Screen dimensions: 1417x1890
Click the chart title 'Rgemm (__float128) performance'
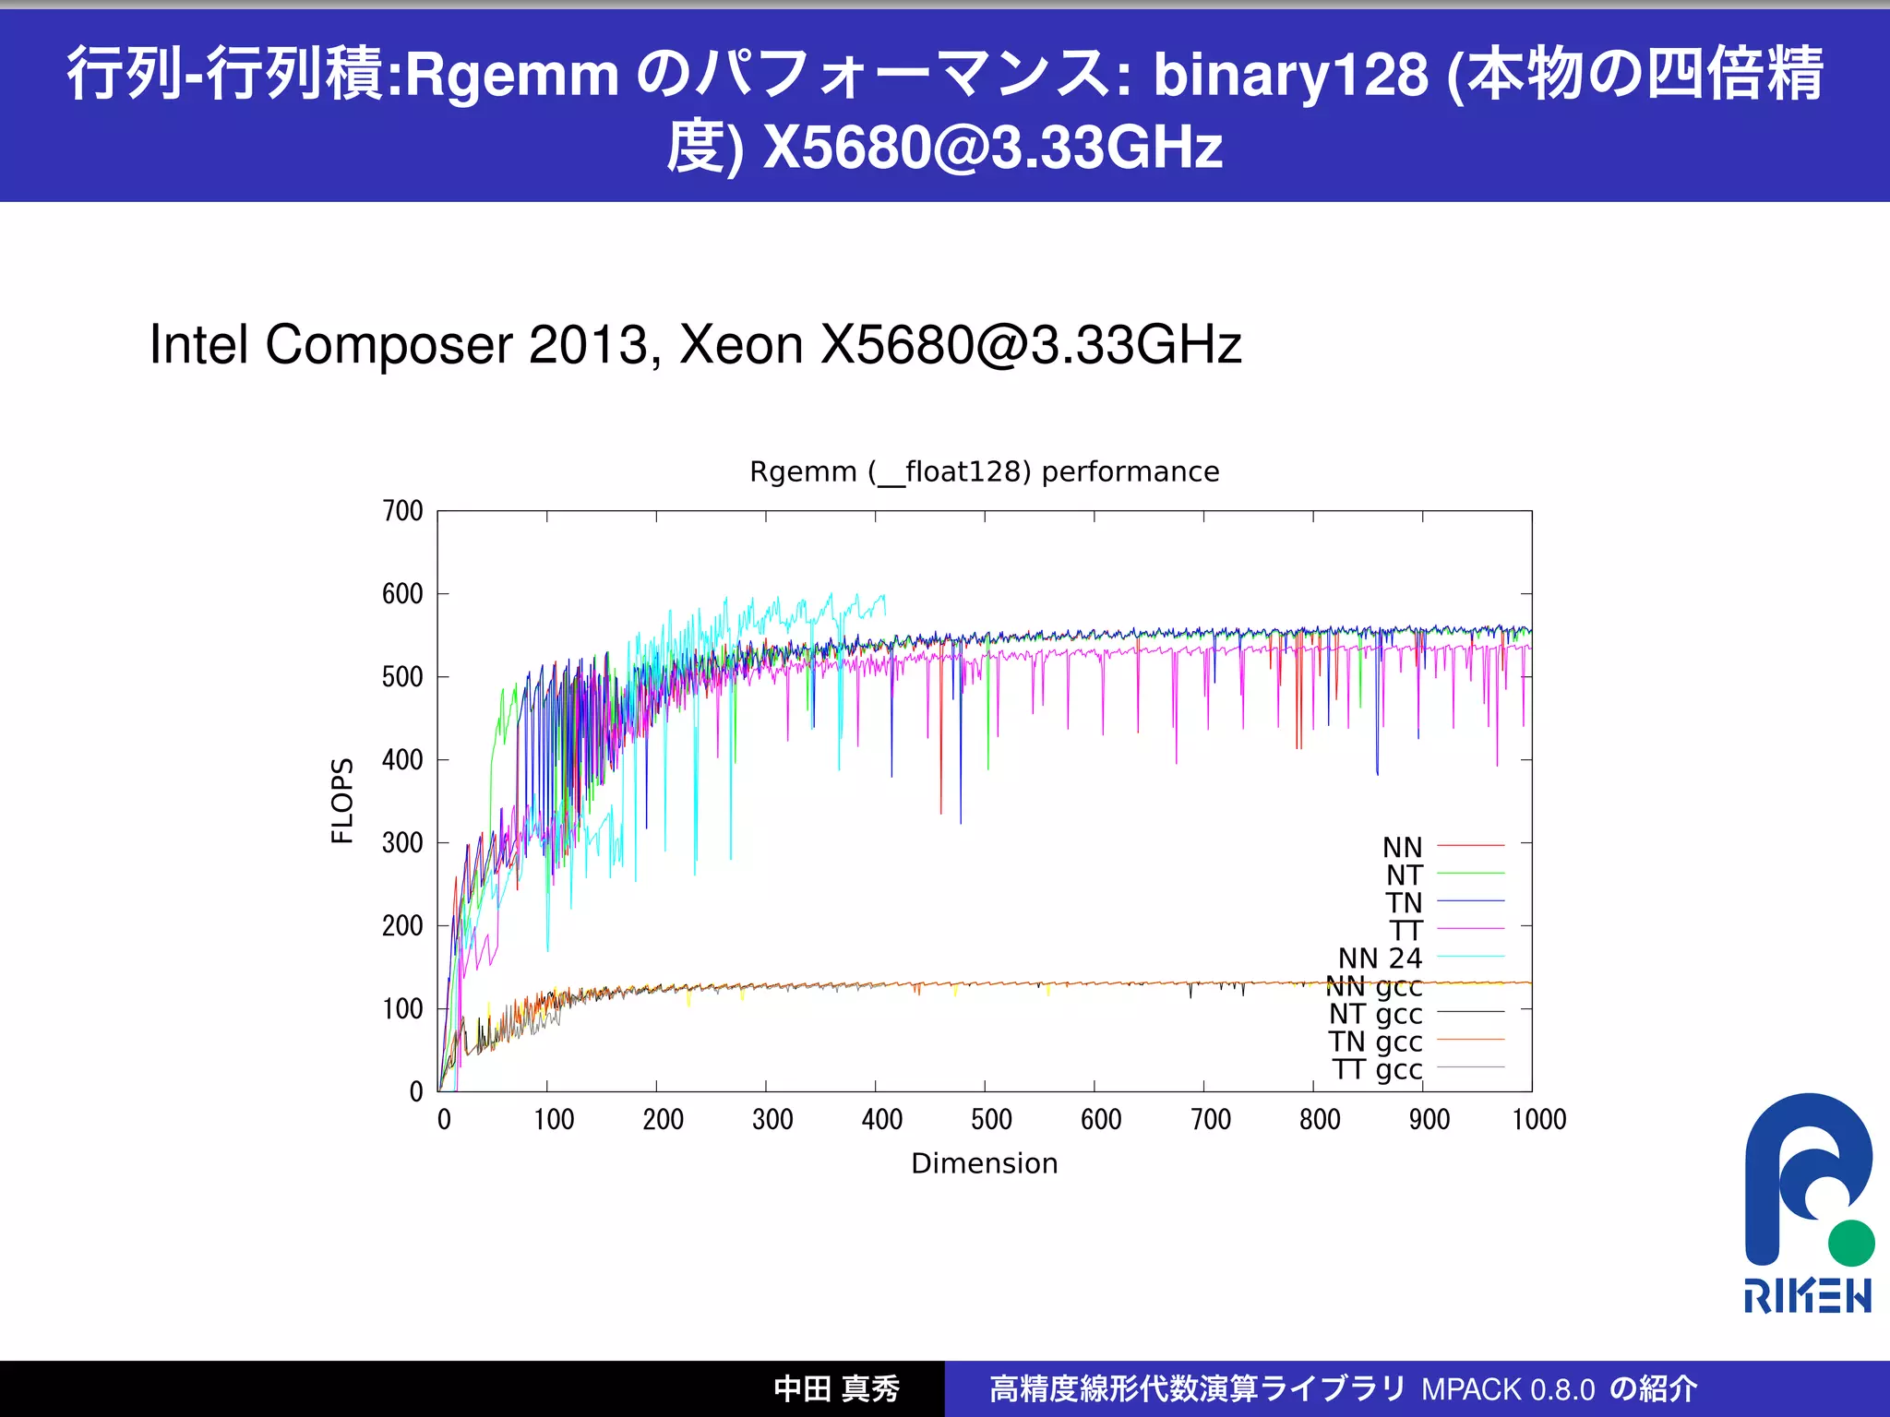click(984, 472)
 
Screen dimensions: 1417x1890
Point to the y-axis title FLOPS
click(342, 801)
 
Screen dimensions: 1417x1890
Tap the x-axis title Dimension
click(984, 1163)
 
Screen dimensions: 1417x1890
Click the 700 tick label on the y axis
click(402, 511)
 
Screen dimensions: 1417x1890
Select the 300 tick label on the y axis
click(402, 843)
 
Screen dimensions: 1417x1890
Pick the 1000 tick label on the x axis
click(1538, 1120)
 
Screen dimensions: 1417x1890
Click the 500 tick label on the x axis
click(991, 1120)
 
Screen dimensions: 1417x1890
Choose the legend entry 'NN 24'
click(1380, 959)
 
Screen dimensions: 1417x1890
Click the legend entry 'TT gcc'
click(1377, 1070)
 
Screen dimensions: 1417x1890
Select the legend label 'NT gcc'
click(1375, 1015)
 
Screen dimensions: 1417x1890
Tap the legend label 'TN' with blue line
click(1404, 903)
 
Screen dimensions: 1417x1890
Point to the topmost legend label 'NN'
click(1402, 848)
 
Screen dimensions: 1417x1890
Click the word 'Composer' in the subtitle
click(389, 346)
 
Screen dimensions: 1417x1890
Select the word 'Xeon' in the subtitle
click(740, 346)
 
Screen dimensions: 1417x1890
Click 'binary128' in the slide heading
click(1290, 74)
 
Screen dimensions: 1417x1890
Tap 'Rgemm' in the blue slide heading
click(512, 74)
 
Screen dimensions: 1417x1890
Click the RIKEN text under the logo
click(1807, 1296)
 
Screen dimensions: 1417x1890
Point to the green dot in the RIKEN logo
click(1850, 1243)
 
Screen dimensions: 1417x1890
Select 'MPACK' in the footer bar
click(1471, 1389)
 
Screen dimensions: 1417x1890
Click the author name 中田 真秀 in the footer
click(836, 1389)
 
